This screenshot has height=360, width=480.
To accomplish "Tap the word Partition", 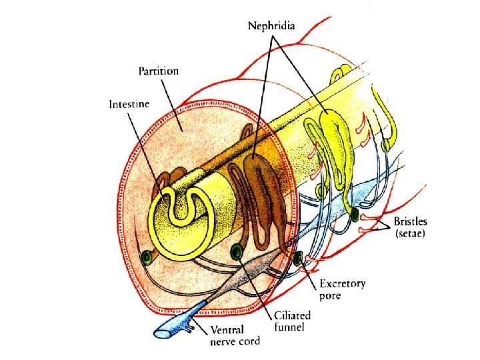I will click(159, 71).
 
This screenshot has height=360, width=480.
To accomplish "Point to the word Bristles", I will click(411, 221).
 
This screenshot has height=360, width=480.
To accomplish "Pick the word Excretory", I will click(341, 284).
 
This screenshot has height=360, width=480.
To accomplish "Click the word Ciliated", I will click(293, 315).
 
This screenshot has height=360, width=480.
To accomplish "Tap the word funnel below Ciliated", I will click(289, 327).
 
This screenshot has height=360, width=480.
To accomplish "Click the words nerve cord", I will click(233, 341).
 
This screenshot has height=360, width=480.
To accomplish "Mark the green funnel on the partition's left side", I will click(147, 257).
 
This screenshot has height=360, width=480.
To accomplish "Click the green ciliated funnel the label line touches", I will click(236, 252).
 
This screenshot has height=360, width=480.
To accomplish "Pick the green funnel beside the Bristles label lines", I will click(355, 215).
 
